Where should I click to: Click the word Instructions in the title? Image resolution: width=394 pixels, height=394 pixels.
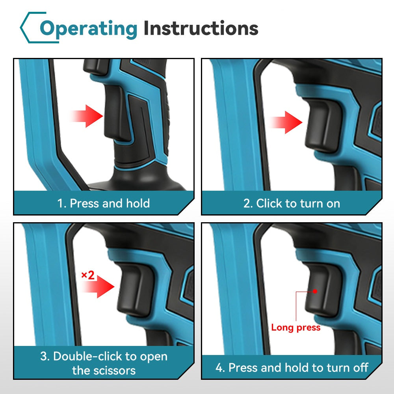[x=201, y=28]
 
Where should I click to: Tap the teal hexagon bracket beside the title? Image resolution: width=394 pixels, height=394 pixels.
[x=33, y=28]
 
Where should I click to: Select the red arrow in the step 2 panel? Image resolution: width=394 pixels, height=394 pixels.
[x=285, y=122]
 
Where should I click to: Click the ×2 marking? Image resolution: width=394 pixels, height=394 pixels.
[x=88, y=275]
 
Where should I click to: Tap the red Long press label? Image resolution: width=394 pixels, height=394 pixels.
[x=296, y=327]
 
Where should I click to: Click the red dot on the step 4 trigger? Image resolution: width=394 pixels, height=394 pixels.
[x=315, y=292]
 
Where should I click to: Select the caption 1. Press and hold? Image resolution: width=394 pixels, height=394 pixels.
[x=104, y=203]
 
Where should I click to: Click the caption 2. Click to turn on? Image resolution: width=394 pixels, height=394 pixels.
[x=292, y=203]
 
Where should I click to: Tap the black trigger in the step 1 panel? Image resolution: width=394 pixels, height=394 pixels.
[x=117, y=113]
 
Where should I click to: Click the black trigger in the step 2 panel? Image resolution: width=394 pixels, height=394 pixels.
[x=323, y=125]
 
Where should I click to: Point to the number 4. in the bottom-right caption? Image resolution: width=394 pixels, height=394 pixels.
[x=220, y=368]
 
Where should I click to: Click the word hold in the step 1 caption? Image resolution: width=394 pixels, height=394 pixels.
[x=138, y=203]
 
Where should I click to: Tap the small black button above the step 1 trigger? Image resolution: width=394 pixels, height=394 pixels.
[x=95, y=67]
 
